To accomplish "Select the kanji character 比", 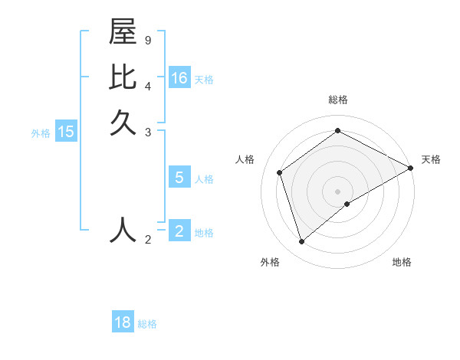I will (x=123, y=77).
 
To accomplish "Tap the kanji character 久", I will (x=123, y=123).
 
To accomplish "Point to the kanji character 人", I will (x=123, y=230).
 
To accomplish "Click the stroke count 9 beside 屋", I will (x=147, y=40).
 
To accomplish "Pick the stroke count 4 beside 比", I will (x=147, y=86).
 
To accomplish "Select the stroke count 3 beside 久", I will (x=147, y=132).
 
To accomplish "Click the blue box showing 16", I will (x=179, y=78).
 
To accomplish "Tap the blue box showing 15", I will (x=66, y=132).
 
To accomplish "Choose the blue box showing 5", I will (x=179, y=178).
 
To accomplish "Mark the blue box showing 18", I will (x=123, y=322).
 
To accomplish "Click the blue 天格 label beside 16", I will (x=204, y=80).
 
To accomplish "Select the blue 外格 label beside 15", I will (x=41, y=133).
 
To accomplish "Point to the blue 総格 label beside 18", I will (x=147, y=324).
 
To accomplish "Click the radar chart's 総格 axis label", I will (x=338, y=100).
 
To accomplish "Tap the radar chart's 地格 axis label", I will (x=402, y=262).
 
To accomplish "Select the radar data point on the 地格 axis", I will (x=347, y=204).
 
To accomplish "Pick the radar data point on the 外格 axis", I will (x=301, y=242).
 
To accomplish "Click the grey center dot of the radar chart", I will (x=338, y=191).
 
